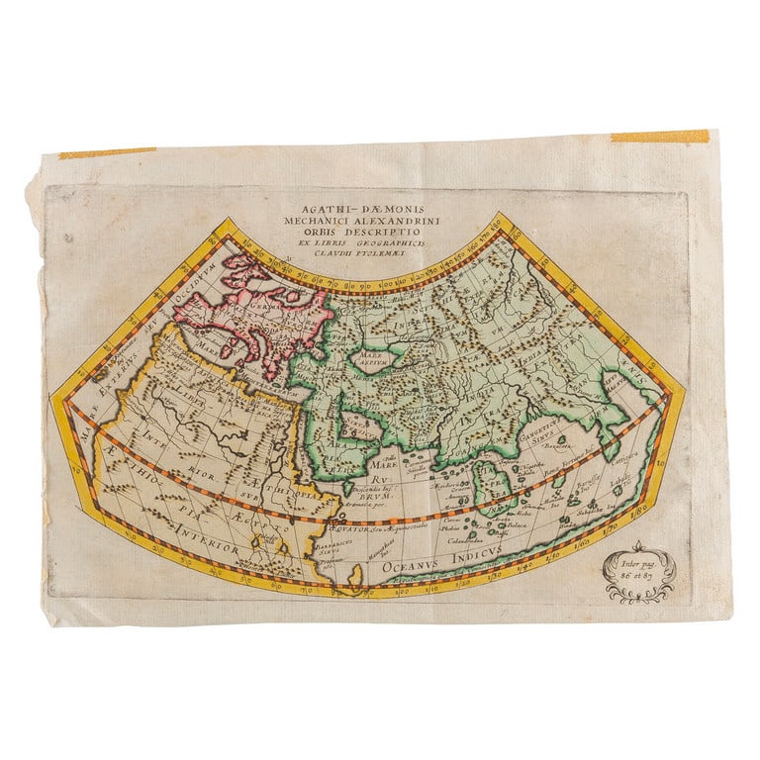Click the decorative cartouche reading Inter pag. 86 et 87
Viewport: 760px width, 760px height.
pyautogui.click(x=639, y=573)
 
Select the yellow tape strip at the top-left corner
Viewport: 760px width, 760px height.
pyautogui.click(x=107, y=153)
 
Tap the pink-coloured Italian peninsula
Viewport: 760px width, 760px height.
pyautogui.click(x=252, y=341)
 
